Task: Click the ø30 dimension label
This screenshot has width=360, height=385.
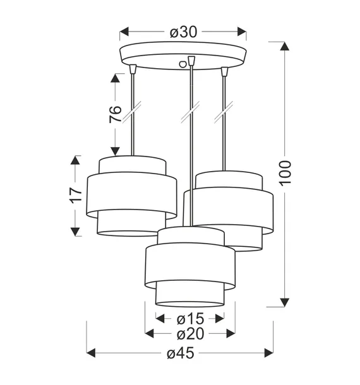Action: point(183,30)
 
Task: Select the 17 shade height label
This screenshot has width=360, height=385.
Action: point(75,196)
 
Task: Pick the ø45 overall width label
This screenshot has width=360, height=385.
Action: point(180,354)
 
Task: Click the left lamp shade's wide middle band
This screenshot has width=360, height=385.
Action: point(131,196)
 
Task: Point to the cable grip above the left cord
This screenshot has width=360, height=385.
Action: point(133,68)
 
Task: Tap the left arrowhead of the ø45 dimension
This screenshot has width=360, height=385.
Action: point(91,353)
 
